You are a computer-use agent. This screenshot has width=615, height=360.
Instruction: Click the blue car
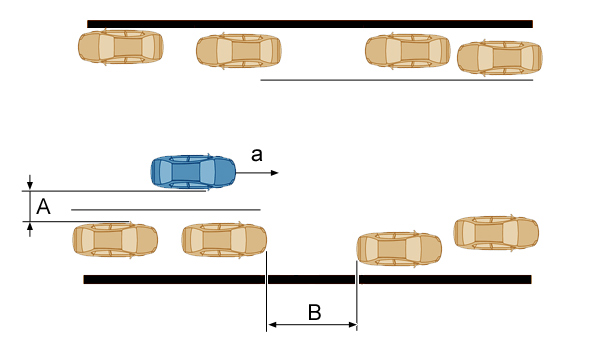(193, 172)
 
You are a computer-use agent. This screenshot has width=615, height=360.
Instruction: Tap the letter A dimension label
(43, 207)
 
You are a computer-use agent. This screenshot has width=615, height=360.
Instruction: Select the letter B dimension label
(315, 313)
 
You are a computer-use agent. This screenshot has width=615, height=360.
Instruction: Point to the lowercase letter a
(257, 155)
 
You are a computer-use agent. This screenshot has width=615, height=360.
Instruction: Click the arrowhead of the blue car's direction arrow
(275, 173)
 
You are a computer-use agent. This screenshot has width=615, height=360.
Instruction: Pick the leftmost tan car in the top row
(121, 47)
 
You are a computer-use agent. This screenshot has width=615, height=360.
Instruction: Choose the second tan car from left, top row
(239, 51)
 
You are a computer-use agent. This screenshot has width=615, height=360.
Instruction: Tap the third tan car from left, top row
(408, 51)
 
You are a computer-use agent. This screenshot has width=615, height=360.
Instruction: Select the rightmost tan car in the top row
(500, 58)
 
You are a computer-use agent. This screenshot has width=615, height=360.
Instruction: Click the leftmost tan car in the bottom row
(115, 240)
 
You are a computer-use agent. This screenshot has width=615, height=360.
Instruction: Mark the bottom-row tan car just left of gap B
(224, 240)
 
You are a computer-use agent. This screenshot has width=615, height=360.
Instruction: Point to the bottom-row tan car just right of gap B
(399, 249)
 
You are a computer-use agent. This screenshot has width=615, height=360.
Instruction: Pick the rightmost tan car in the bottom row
(496, 233)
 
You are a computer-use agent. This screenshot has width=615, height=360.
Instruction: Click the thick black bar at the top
(310, 24)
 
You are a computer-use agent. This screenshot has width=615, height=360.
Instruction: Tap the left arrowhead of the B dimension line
(272, 325)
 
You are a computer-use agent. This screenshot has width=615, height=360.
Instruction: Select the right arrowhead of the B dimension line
(352, 325)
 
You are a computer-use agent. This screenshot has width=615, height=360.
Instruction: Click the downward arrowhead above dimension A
(30, 186)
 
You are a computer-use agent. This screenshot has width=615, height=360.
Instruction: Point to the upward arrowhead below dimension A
(30, 226)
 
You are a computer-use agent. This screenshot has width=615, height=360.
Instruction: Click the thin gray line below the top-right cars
(397, 80)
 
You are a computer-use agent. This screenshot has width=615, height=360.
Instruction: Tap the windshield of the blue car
(207, 172)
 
